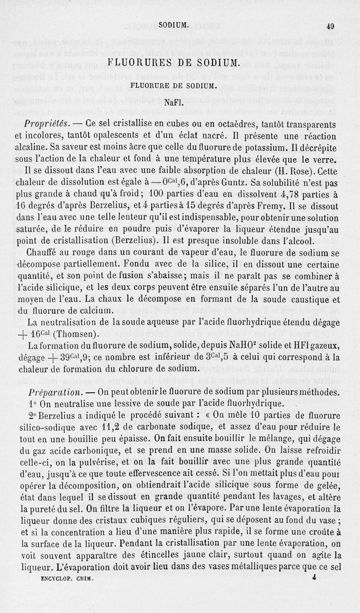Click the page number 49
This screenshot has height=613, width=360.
point(330,26)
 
